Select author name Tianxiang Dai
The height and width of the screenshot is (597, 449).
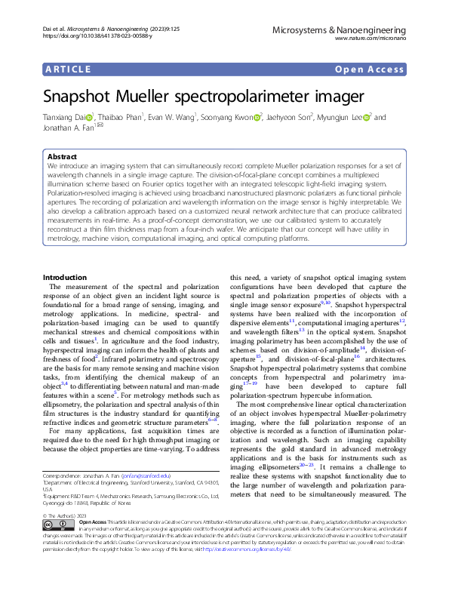coord(63,118)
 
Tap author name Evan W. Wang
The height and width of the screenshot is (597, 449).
coord(172,118)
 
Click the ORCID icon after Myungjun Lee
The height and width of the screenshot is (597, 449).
coord(367,118)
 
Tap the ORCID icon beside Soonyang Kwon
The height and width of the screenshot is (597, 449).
coord(258,118)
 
